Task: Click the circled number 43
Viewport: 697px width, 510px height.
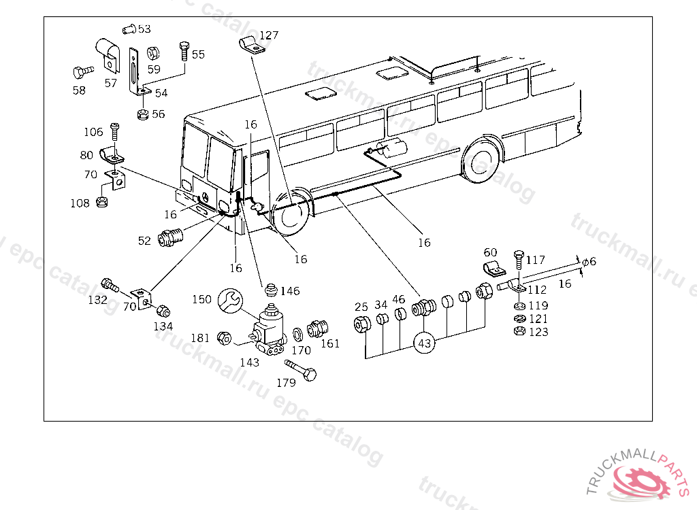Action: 425,343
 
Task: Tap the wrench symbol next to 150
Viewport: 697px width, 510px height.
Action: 230,301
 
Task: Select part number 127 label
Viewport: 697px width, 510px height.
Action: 269,35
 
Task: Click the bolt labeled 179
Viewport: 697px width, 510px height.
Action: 301,370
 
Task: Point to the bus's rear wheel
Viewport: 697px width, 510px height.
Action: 481,161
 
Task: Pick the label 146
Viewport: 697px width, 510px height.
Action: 290,291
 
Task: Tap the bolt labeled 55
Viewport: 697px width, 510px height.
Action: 184,51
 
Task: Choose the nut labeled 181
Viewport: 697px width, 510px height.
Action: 224,339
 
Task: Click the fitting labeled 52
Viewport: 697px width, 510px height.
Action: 170,237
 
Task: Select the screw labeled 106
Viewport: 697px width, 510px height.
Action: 114,131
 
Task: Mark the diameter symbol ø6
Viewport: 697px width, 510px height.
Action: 589,262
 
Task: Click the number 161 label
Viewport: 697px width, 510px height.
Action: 330,343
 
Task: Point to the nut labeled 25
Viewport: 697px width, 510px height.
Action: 362,324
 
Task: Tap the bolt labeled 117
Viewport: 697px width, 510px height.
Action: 519,260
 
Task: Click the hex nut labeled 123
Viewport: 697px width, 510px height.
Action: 519,331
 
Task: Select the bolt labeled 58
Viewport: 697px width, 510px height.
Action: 83,71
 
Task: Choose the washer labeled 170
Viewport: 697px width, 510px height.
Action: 298,335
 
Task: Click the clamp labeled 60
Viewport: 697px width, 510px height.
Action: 493,269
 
